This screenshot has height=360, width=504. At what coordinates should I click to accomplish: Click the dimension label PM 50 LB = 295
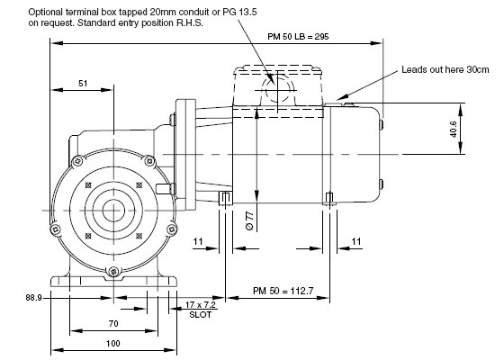click(x=298, y=36)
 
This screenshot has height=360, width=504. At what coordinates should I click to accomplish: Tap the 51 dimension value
click(x=83, y=83)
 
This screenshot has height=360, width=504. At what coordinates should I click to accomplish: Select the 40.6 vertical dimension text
click(x=454, y=130)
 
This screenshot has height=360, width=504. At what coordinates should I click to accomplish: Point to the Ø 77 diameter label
click(x=250, y=220)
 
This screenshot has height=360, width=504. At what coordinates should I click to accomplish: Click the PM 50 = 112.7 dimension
click(x=283, y=291)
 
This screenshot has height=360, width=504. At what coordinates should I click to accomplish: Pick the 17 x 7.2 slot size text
click(x=200, y=305)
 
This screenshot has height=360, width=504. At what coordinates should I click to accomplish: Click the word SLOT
click(x=201, y=315)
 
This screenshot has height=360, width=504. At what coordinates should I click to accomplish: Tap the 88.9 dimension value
click(x=34, y=298)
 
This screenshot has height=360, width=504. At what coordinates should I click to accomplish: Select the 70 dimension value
click(x=113, y=324)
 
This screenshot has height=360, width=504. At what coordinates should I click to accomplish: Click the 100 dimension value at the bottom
click(x=113, y=343)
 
